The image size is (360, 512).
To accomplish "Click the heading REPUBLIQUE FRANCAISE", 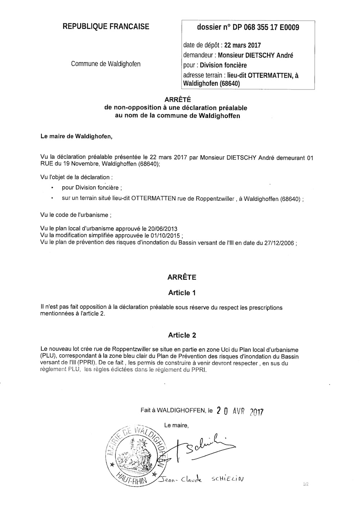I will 106,26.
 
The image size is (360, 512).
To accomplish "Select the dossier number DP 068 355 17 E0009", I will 263,27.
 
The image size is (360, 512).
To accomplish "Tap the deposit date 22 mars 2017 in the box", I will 242,45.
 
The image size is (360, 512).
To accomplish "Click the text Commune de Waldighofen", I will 106,64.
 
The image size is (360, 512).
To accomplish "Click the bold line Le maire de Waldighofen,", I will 76,136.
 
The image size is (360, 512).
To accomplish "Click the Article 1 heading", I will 182,293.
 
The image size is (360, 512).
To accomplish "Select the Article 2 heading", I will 182,335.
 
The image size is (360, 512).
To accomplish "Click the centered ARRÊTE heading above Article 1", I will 182,277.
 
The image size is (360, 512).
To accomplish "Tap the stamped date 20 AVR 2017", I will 240,411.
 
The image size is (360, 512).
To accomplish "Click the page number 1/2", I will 306,485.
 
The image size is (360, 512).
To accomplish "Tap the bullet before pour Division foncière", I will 53,188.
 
